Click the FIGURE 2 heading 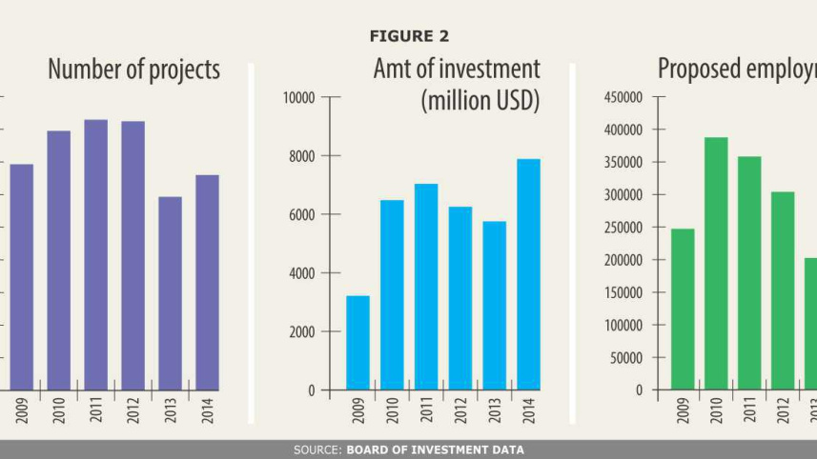[408, 36]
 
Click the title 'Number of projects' [133, 70]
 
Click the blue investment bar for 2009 [357, 343]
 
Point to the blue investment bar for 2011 [426, 287]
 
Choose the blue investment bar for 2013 [494, 306]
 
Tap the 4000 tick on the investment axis [303, 273]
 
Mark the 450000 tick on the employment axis [623, 97]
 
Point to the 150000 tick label [623, 292]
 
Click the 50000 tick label [626, 358]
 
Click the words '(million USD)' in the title [480, 100]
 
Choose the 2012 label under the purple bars [133, 410]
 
